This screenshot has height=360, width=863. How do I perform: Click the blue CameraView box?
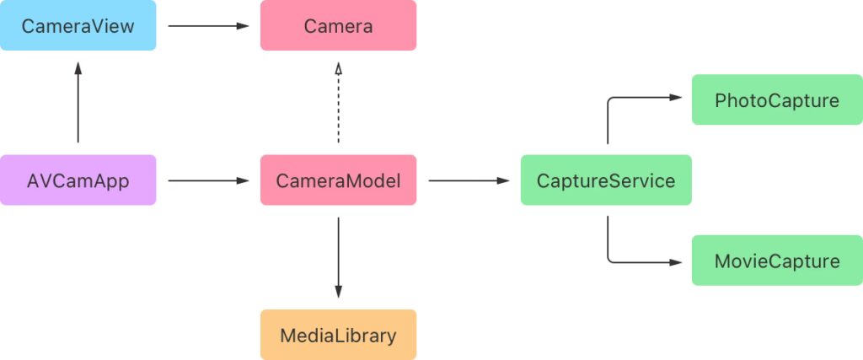point(78,25)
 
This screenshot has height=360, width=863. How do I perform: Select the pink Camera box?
point(338,25)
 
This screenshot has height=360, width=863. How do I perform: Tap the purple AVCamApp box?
point(78,180)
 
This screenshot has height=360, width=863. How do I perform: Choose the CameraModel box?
point(338,180)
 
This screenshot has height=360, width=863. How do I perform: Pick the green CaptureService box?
point(606,180)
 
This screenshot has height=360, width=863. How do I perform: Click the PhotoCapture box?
point(776,100)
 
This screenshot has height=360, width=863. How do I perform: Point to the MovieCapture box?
point(776,261)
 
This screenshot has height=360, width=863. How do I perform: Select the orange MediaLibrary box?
point(338,335)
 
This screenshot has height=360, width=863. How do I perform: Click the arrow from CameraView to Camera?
point(208,26)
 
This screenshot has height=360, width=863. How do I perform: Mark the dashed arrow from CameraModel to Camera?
point(338,105)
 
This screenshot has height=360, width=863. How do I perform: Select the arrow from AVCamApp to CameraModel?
point(208,180)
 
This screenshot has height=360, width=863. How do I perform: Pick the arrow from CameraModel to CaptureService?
point(469,180)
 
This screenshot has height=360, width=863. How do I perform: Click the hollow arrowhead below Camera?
point(338,68)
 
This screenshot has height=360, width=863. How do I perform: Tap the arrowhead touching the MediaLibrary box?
point(338,292)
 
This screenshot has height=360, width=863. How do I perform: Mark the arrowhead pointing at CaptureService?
point(505,180)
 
